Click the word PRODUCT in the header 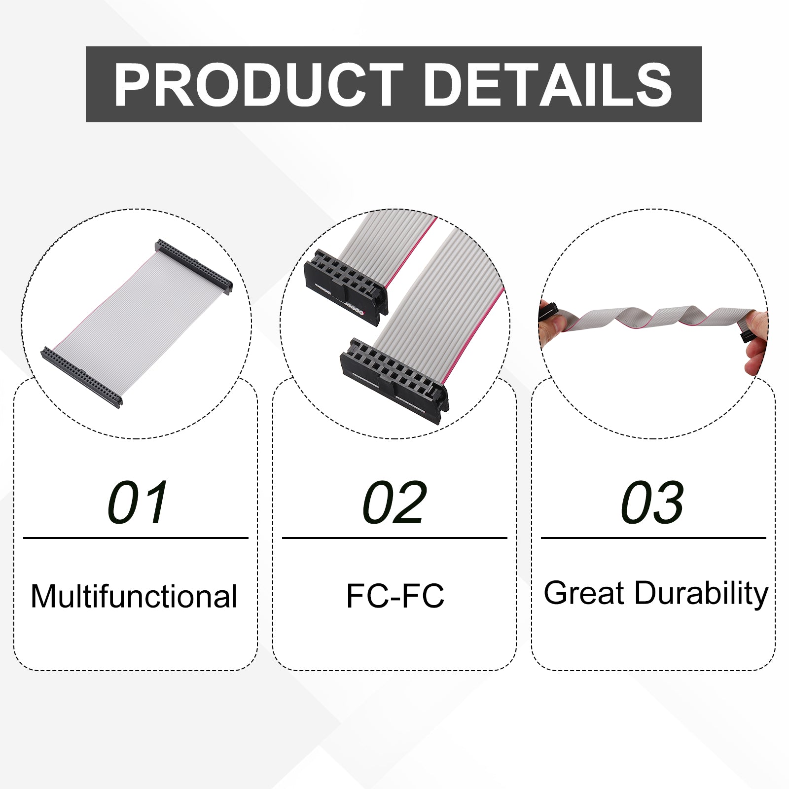pos(258,85)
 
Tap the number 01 pos(138,502)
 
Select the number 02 pos(394,502)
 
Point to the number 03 pos(652,502)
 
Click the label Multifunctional pos(134,596)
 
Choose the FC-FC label pos(395,596)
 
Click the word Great pos(584,593)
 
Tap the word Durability pos(701,595)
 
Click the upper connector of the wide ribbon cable pos(194,267)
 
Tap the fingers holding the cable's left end pos(552,323)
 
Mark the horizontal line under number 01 pos(136,538)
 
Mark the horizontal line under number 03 pos(653,538)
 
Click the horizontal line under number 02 pos(394,538)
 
